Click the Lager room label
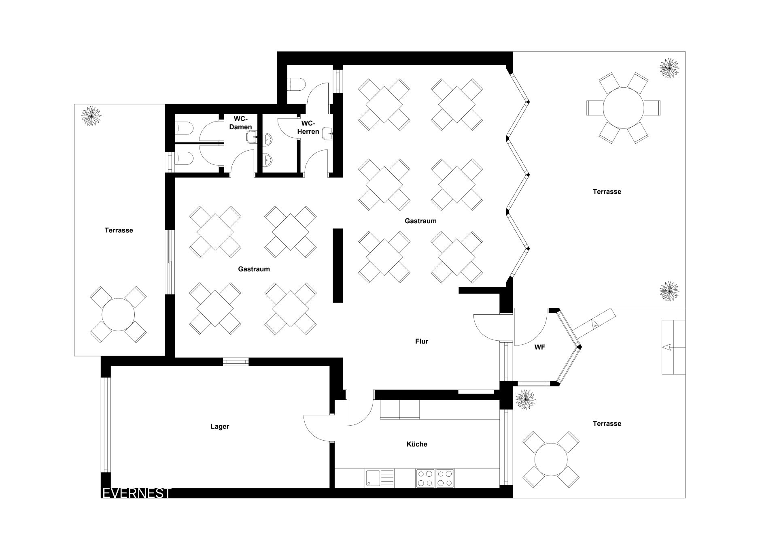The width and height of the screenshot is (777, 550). (220, 426)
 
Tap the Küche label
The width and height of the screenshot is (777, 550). (417, 444)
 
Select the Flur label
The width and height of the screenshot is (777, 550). (422, 341)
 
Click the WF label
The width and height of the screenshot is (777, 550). (539, 347)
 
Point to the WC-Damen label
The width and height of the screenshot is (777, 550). (241, 123)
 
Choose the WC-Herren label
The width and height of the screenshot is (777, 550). (308, 127)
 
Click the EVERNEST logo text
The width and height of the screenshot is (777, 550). (136, 493)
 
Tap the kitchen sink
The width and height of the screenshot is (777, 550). (380, 478)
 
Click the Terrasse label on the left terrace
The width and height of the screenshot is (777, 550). (119, 230)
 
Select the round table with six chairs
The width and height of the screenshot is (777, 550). (623, 108)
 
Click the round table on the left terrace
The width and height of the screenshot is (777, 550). (118, 315)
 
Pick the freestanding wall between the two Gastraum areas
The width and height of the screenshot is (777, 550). (338, 266)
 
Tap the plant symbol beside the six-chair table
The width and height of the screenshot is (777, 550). (669, 68)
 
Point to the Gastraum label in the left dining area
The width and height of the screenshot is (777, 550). (254, 269)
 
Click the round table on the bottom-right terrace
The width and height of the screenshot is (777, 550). (551, 460)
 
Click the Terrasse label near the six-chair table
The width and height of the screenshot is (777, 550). (607, 192)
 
